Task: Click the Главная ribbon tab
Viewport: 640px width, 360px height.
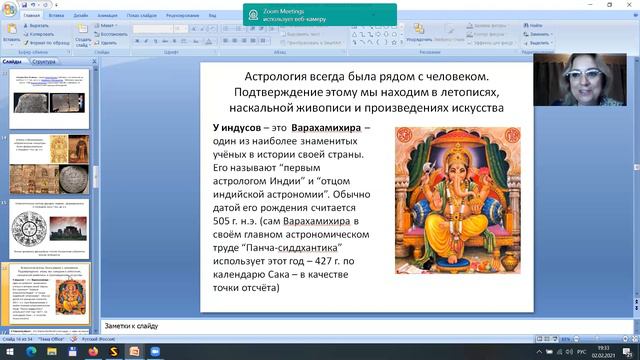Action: tap(31, 17)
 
